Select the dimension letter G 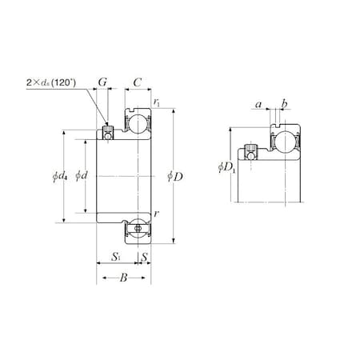point(102,82)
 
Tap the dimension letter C point(138,82)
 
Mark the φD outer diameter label point(175,175)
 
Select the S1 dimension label point(116,257)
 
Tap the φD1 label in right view point(226,167)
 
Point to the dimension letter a point(258,104)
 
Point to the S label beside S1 point(144,257)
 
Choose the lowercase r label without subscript point(155,214)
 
